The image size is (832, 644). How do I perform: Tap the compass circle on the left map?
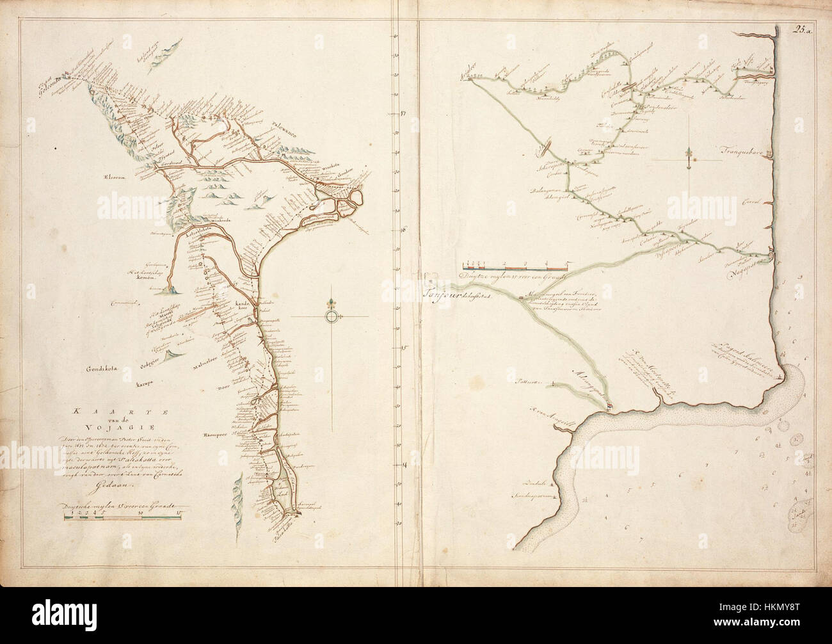331,316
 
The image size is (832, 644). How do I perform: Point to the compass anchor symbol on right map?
687,158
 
